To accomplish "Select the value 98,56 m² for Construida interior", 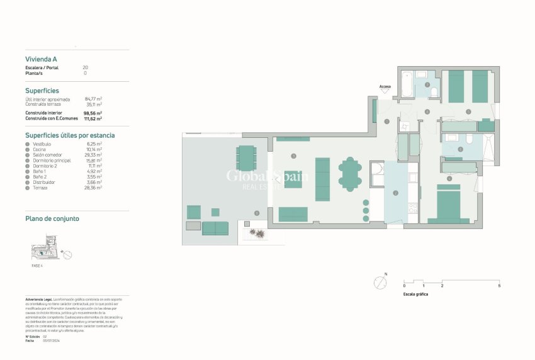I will (93, 113).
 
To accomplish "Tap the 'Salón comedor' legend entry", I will (47, 154).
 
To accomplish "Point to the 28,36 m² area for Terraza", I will (93, 187).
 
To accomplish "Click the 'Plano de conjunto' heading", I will (52, 218).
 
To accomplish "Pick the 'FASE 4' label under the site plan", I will (37, 266).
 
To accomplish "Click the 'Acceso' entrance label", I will (385, 86).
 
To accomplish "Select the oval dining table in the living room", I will (350, 174).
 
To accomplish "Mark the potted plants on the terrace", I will (257, 233).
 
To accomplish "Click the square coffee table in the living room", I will (293, 179).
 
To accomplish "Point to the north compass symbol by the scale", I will (380, 283).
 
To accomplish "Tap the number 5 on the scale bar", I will (499, 286).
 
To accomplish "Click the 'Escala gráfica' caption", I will (415, 294).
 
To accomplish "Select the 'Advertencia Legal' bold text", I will (38, 298).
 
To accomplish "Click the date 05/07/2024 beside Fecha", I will (52, 340).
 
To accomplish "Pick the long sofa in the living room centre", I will (322, 179).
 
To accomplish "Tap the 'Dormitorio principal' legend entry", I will (53, 160).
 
